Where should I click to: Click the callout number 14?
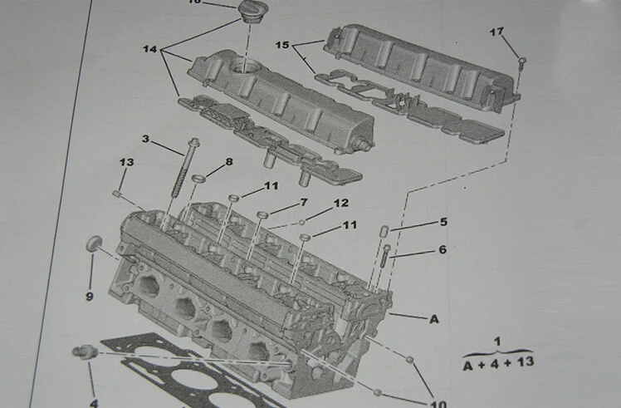pyautogui.click(x=149, y=50)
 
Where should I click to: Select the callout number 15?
pyautogui.click(x=283, y=44)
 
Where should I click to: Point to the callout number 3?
pyautogui.click(x=145, y=139)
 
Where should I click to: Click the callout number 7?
pyautogui.click(x=304, y=202)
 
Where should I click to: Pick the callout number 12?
pyautogui.click(x=341, y=203)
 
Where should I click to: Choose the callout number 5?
pyautogui.click(x=443, y=222)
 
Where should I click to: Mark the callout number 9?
pyautogui.click(x=89, y=295)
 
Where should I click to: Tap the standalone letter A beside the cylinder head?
pyautogui.click(x=433, y=318)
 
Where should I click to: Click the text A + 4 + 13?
pyautogui.click(x=497, y=363)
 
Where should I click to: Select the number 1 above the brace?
pyautogui.click(x=497, y=342)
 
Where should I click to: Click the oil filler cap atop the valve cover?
pyautogui.click(x=247, y=10)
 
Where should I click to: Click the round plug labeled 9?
pyautogui.click(x=95, y=243)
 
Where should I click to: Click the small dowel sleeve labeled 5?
pyautogui.click(x=384, y=230)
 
